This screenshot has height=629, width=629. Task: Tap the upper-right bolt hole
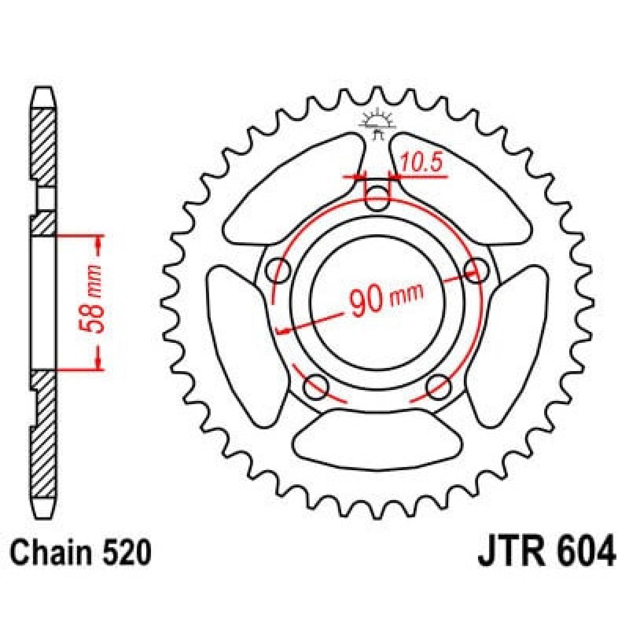pos(476,269)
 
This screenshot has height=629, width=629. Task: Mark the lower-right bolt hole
pos(438,387)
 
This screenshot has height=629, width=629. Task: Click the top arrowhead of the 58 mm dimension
pos(99,242)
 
